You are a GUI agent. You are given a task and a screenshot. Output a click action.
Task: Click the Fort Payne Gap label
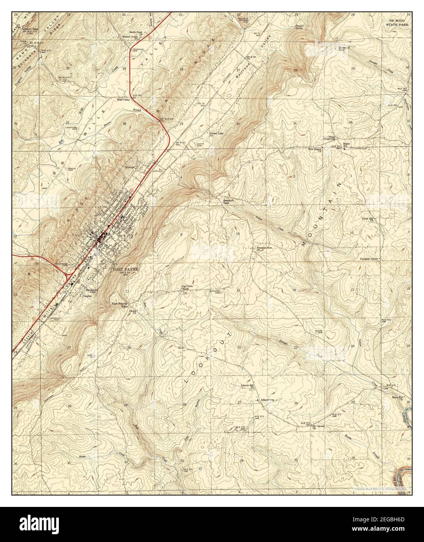[x=120, y=305]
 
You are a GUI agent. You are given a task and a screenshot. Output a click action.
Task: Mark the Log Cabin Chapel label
[x=187, y=287]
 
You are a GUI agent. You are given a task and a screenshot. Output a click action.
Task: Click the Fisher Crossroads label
[x=332, y=138]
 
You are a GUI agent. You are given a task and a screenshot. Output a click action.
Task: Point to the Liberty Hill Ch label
[x=247, y=385]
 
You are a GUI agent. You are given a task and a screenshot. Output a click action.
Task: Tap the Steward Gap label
[x=343, y=48]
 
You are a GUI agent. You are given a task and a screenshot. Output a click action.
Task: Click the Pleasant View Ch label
[x=263, y=248]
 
